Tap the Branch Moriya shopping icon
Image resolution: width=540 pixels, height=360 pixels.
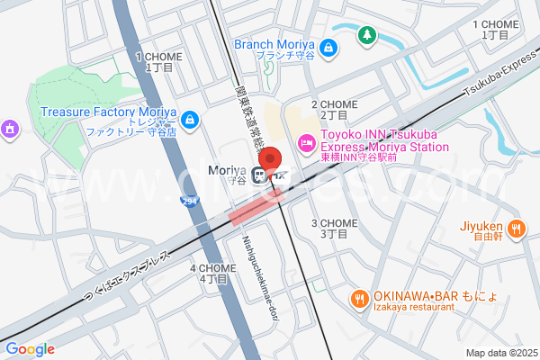coord(330,46)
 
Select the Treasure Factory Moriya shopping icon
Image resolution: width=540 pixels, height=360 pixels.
coord(190,119)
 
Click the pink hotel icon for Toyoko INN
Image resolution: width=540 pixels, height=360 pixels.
coord(306,141)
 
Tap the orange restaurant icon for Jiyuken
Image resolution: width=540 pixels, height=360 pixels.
coord(516,229)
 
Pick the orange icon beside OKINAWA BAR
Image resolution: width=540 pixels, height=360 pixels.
coord(358,297)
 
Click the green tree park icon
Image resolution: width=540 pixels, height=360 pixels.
coord(366,36)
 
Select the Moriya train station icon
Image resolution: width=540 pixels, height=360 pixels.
coord(260,175)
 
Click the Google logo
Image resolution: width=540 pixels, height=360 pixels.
coord(31,349)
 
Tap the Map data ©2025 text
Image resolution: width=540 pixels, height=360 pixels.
coord(499,352)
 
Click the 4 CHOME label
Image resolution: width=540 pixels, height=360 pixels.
coord(212,274)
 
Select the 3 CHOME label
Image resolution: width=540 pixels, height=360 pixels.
coord(334,229)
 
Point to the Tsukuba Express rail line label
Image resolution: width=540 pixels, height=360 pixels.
coord(500,77)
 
